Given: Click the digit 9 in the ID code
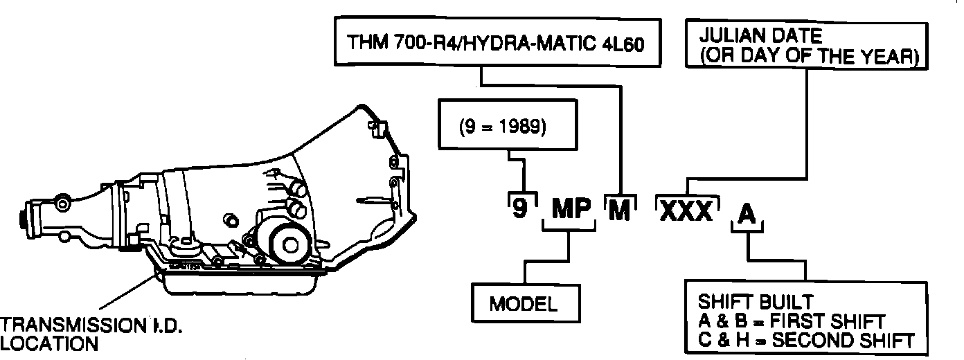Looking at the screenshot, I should click(x=519, y=208).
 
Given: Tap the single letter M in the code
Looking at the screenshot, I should click(x=618, y=209).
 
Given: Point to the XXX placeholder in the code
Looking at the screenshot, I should click(x=686, y=210).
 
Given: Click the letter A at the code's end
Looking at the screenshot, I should click(x=747, y=212).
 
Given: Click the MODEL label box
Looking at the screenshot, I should click(x=524, y=304).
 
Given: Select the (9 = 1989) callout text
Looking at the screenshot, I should click(x=503, y=129).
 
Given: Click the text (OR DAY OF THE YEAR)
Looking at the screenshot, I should click(x=808, y=57).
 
